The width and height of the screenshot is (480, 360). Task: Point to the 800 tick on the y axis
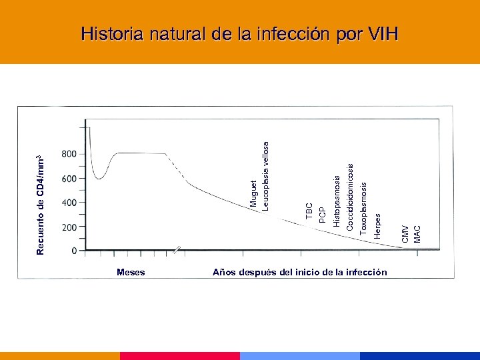coord(69,154)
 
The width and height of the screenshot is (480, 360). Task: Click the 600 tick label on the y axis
coord(69,179)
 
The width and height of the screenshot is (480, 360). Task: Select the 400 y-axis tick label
coord(69,203)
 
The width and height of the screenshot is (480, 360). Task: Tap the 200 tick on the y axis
coord(69,227)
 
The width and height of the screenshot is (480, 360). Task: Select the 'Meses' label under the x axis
coord(131,272)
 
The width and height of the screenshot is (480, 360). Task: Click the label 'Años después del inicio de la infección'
coord(299,272)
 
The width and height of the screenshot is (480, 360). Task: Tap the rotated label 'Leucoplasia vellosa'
coord(265,175)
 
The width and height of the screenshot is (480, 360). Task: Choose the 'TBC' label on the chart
coord(309,211)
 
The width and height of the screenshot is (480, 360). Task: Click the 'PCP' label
coord(323,215)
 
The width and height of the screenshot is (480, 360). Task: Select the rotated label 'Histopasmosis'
coord(337,201)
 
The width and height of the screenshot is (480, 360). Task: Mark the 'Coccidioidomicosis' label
coord(350,194)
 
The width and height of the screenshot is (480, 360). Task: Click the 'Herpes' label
coord(377,225)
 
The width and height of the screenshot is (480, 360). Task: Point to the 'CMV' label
coord(405,233)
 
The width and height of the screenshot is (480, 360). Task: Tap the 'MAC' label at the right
coord(417,234)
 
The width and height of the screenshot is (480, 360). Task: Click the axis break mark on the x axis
coord(177,251)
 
